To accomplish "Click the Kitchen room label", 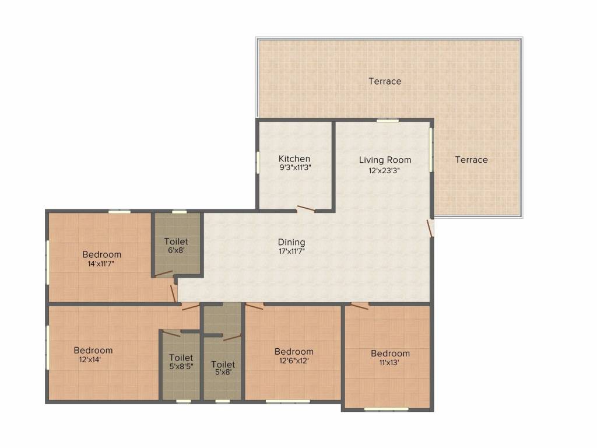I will (x=294, y=159).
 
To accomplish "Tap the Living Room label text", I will (x=385, y=160).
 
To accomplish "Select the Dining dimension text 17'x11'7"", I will (x=292, y=251).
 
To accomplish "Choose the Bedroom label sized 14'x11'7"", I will (x=101, y=254).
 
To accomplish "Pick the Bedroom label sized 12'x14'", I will (x=93, y=350).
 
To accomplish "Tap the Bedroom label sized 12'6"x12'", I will (x=294, y=351).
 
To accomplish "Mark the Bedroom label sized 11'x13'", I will (x=390, y=353).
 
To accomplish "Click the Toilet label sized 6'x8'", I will (x=176, y=241).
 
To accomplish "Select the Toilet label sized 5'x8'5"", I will (x=181, y=358).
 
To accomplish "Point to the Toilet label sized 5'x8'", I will (x=223, y=364).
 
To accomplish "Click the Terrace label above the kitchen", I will (x=385, y=81).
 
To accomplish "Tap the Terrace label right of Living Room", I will (x=471, y=159).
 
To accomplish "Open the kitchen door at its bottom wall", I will (x=306, y=209).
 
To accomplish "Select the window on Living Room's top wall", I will (x=387, y=120).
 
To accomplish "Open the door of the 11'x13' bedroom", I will (x=359, y=306).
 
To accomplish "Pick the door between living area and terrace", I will (x=430, y=228).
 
